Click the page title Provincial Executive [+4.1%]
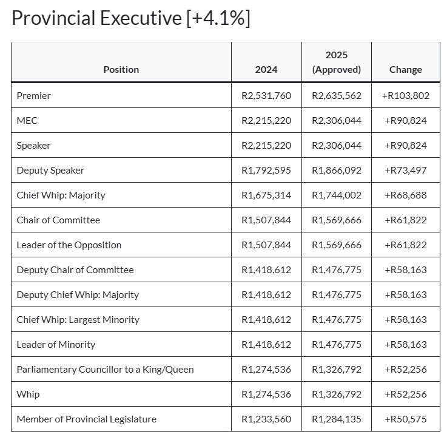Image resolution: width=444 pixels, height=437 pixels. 131,18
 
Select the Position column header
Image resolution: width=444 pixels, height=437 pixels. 121,70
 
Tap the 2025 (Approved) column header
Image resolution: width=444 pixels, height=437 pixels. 337,63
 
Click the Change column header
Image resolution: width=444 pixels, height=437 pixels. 406,70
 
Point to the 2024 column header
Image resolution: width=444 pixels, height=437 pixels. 266,70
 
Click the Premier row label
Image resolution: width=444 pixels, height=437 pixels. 34,96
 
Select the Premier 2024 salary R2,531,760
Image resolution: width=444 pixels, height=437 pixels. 266,96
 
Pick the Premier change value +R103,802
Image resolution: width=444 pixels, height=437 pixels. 406,96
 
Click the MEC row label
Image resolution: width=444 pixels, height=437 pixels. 27,121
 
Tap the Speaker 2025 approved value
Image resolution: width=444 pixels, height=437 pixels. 337,146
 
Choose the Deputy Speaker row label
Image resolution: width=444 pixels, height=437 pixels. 50,171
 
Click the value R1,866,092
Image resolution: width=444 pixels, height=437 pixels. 337,171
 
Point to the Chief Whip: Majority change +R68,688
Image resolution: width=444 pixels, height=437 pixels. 406,195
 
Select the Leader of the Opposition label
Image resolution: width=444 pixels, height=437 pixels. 69,245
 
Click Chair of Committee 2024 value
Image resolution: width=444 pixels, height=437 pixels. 266,220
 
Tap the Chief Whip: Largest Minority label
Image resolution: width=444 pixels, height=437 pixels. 78,320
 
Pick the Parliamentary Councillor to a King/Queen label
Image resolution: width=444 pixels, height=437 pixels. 105,370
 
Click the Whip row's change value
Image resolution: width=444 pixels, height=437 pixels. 406,395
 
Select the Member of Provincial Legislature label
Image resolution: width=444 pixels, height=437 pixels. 86,419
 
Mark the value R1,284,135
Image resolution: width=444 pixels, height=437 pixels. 337,419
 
